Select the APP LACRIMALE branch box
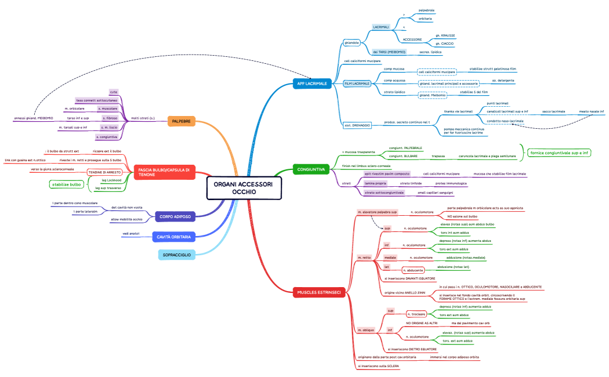click(x=311, y=84)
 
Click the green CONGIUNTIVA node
click(x=311, y=169)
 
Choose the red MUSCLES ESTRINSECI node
click(x=319, y=292)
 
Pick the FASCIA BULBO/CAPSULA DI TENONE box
click(x=164, y=172)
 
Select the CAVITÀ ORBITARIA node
click(x=173, y=237)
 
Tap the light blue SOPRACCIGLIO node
click(x=176, y=254)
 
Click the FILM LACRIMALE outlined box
click(x=357, y=84)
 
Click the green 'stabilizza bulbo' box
click(x=65, y=185)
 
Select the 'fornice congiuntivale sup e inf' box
click(x=559, y=153)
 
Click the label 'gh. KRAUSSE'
click(x=445, y=35)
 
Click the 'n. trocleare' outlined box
click(x=418, y=314)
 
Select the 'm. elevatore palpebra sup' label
click(x=378, y=213)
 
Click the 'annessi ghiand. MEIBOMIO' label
click(x=34, y=118)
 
